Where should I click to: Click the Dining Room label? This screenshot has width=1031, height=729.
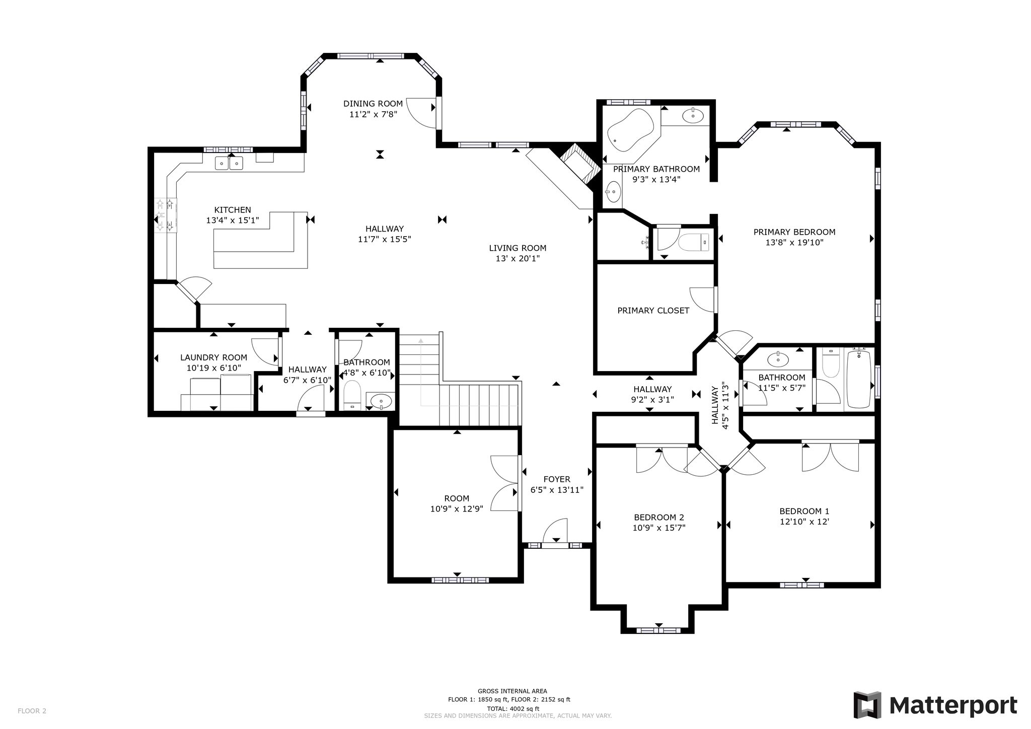point(373,104)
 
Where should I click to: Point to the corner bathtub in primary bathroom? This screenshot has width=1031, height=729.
point(630,130)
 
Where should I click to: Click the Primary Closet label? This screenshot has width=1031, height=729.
point(653,311)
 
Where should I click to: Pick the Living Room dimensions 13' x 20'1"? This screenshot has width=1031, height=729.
point(518,259)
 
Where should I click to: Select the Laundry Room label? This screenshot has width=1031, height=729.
point(213,357)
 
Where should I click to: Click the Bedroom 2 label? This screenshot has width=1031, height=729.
point(658,518)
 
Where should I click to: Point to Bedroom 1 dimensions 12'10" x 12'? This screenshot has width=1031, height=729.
point(804,522)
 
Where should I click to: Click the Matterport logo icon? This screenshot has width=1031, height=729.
point(867,705)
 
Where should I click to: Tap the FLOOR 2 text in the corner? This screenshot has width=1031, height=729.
point(32,711)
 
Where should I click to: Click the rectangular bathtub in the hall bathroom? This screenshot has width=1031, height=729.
point(859,379)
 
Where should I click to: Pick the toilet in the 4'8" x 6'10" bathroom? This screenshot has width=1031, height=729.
point(352,394)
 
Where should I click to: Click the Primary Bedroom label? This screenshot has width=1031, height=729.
point(794,232)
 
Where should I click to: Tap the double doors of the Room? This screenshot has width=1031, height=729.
point(504,483)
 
